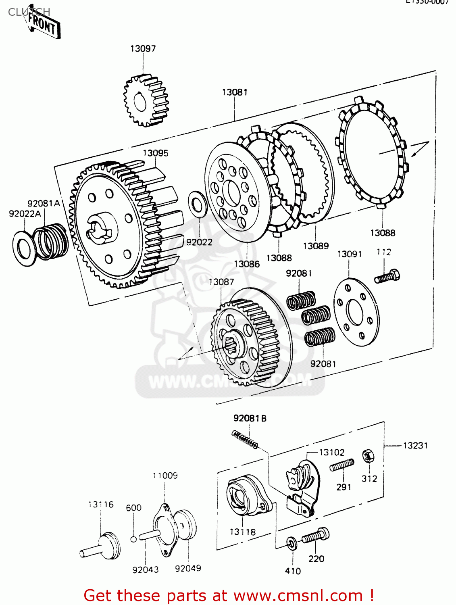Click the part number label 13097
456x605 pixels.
coord(143,48)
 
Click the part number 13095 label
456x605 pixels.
coord(155,153)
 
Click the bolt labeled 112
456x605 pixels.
coord(387,277)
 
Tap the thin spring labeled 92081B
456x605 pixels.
coord(245,439)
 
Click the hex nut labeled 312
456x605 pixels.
coord(368,456)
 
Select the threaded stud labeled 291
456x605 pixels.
coord(341,465)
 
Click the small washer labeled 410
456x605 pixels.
coord(292,543)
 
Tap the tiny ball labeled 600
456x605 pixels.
coord(133,539)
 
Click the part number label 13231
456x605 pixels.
coord(415,445)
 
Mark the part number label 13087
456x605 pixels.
coord(221,282)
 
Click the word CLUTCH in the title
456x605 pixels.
coord(29,12)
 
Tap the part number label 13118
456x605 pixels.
coord(242,532)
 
